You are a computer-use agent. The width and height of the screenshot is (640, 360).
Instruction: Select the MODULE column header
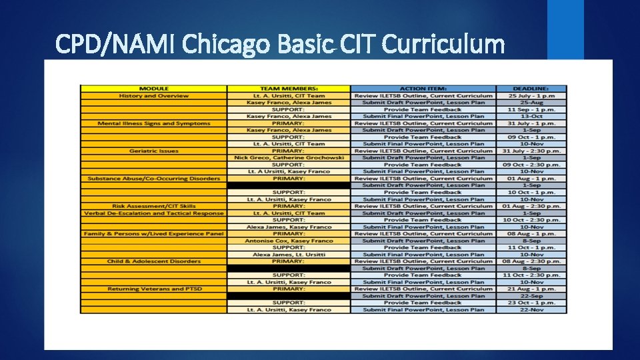(154, 89)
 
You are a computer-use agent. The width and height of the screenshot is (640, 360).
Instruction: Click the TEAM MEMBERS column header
(288, 89)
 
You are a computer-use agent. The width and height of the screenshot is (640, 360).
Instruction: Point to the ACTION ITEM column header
(423, 89)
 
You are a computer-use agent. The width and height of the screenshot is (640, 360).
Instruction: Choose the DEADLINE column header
(531, 89)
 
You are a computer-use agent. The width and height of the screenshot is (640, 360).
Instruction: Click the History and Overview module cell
(154, 96)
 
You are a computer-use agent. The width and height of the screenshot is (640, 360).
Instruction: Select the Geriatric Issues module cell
(154, 151)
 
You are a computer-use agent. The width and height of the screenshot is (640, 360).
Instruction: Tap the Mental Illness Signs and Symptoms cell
(154, 123)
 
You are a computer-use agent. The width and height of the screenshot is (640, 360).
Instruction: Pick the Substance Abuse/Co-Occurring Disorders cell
(154, 179)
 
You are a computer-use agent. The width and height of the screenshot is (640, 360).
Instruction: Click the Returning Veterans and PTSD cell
(154, 289)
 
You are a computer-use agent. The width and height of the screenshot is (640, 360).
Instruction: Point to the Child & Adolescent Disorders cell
(154, 261)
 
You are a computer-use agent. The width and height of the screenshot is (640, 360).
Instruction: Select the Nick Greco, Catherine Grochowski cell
(288, 158)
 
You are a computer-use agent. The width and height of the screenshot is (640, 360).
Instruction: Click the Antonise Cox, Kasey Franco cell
(288, 241)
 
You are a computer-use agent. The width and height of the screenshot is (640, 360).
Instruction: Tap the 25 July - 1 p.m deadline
(531, 96)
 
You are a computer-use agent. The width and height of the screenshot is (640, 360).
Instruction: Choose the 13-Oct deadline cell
(531, 117)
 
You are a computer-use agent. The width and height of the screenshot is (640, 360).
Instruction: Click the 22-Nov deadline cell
(531, 310)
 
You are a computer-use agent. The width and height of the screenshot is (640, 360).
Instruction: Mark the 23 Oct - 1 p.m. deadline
(531, 303)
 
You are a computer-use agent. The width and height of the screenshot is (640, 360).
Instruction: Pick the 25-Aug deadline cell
(531, 103)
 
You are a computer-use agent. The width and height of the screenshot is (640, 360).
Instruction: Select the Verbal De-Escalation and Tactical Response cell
(154, 213)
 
